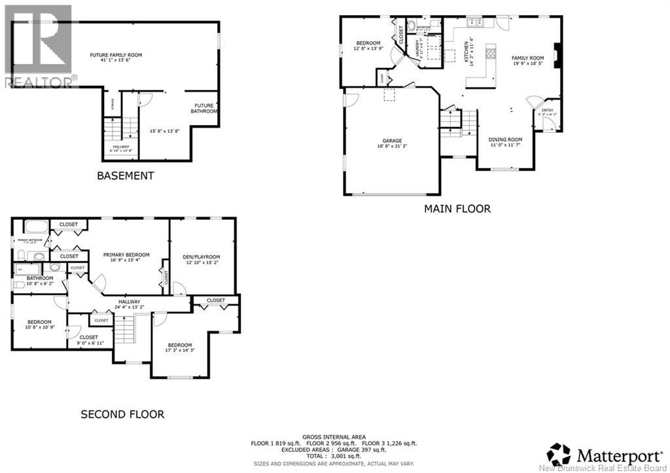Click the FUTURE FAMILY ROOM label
tap(116, 56)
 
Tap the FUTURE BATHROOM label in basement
tap(204, 108)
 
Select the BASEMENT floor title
tap(126, 175)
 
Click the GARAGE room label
tap(392, 141)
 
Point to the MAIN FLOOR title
tap(457, 209)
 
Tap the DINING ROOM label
tap(506, 139)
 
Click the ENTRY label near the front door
tap(546, 111)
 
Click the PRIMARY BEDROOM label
tap(126, 255)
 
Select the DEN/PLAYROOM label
tap(202, 257)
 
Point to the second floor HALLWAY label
tap(129, 302)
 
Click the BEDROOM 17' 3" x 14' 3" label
tap(179, 345)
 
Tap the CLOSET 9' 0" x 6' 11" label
tap(89, 338)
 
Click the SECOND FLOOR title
tap(122, 414)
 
